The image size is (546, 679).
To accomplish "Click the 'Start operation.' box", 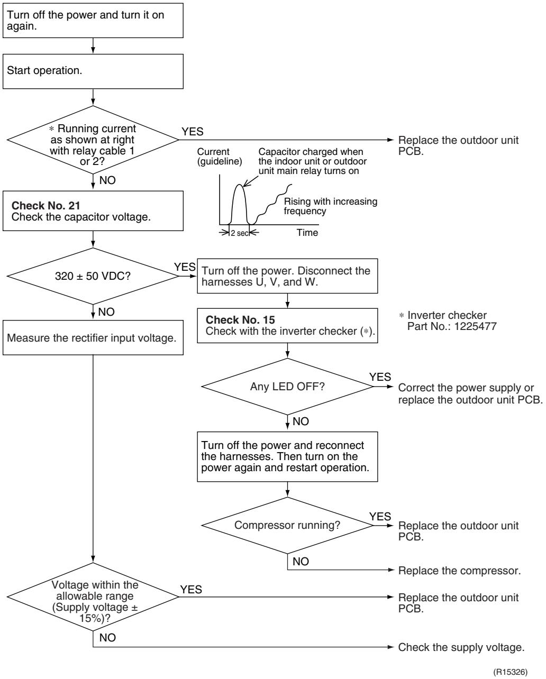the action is click(93, 71).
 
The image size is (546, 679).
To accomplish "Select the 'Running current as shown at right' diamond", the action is click(93, 140).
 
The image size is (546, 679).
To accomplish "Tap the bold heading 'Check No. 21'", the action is click(46, 206).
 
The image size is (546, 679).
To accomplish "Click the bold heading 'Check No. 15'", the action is click(240, 320).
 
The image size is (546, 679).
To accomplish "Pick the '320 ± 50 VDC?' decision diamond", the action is click(93, 276).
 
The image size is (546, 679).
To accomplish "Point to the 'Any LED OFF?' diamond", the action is click(287, 387).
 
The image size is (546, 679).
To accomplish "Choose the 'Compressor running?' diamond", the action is click(287, 525).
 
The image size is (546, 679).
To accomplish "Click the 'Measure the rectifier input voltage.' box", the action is click(93, 337).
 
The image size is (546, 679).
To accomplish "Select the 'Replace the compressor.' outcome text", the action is click(459, 571).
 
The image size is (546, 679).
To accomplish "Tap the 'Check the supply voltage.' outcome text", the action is click(461, 647).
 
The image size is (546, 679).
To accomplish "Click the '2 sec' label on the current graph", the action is click(240, 233).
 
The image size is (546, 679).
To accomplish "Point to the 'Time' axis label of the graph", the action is click(307, 233).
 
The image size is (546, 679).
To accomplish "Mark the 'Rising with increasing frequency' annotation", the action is click(330, 206).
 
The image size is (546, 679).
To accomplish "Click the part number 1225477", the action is click(475, 326).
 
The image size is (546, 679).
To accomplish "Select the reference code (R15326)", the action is click(511, 672).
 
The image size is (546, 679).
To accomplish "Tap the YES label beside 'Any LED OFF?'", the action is click(380, 377).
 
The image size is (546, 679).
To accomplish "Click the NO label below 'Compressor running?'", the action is click(301, 561).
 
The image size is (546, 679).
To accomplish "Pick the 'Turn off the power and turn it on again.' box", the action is click(93, 21).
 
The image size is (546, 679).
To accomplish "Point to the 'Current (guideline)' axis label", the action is click(220, 157).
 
